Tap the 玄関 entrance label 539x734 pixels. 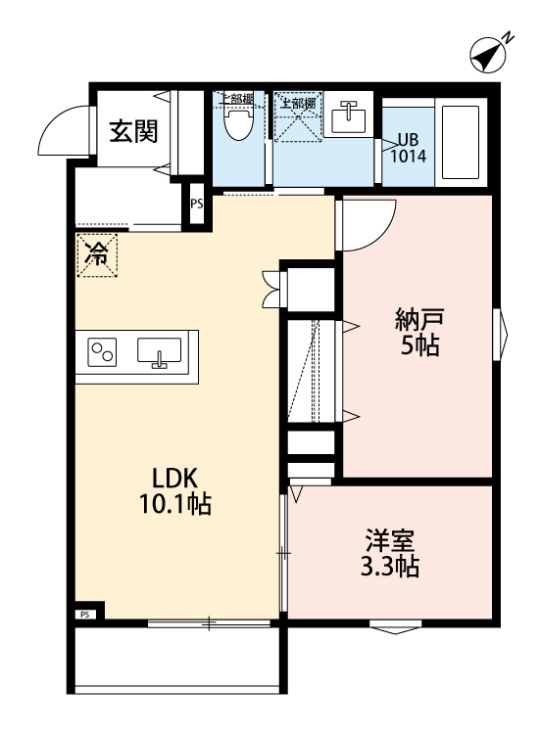point(132,131)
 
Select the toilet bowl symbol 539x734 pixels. point(236,123)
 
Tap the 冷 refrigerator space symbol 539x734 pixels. point(97,256)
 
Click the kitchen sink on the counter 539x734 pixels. point(159,353)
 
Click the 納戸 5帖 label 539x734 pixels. point(418,332)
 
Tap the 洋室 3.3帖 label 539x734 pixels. point(392,553)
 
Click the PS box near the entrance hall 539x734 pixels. point(197,205)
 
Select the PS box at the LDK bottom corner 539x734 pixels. point(85,615)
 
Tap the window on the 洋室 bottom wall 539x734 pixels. point(397,626)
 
